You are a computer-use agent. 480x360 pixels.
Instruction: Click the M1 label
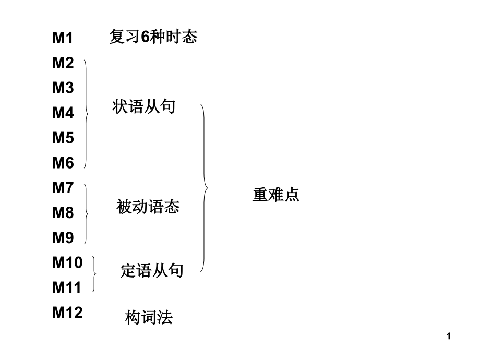click(63, 38)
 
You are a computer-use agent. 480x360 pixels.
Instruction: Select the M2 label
click(63, 63)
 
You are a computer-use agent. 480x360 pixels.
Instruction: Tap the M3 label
click(63, 88)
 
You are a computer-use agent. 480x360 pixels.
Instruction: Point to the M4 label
click(63, 113)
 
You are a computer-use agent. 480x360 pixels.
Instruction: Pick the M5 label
click(63, 138)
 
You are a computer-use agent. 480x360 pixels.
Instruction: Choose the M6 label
click(63, 163)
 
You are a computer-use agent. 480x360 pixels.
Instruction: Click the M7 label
click(63, 188)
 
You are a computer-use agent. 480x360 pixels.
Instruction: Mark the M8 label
click(63, 213)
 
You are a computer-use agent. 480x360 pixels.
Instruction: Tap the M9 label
click(63, 238)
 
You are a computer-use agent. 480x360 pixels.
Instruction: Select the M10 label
click(67, 262)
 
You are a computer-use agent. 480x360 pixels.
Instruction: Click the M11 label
click(67, 287)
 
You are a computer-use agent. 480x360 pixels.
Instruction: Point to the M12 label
click(67, 313)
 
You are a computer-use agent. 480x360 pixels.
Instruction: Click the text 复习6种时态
click(153, 37)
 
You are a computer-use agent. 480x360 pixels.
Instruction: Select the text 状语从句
click(143, 107)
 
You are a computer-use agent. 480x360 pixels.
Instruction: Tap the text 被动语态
click(148, 207)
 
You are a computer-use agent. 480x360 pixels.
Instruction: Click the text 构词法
click(149, 317)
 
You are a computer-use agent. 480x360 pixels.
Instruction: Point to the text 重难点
click(276, 195)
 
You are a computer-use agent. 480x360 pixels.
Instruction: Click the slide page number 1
click(449, 338)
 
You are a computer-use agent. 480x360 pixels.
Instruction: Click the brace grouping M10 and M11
click(94, 274)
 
